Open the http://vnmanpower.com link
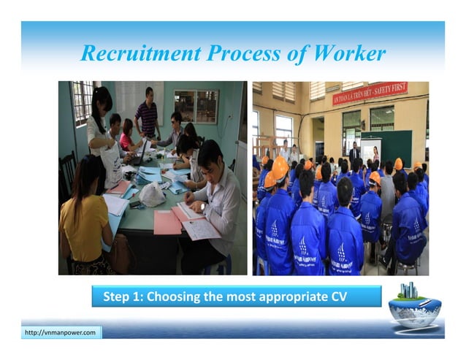point(61,333)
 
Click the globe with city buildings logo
point(414,302)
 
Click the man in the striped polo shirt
point(147,115)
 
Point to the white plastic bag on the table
point(152,194)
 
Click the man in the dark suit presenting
point(354,153)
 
